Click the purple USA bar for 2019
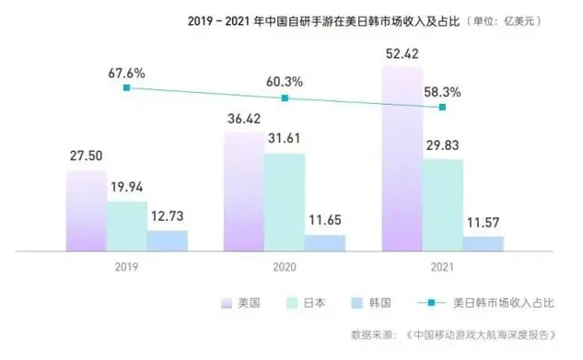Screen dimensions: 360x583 pyautogui.click(x=87, y=210)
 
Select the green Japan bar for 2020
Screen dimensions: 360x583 pyautogui.click(x=284, y=202)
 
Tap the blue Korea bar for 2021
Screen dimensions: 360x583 pyautogui.click(x=483, y=243)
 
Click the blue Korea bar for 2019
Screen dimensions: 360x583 pyautogui.click(x=167, y=239)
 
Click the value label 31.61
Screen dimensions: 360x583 pyautogui.click(x=284, y=140)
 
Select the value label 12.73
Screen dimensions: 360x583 pyautogui.click(x=167, y=216)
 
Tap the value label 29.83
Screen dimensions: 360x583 pyautogui.click(x=443, y=145)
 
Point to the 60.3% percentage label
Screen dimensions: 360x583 pyautogui.click(x=285, y=81)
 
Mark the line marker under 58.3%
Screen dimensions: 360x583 pyautogui.click(x=443, y=108)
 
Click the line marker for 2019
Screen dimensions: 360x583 pyautogui.click(x=127, y=87)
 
